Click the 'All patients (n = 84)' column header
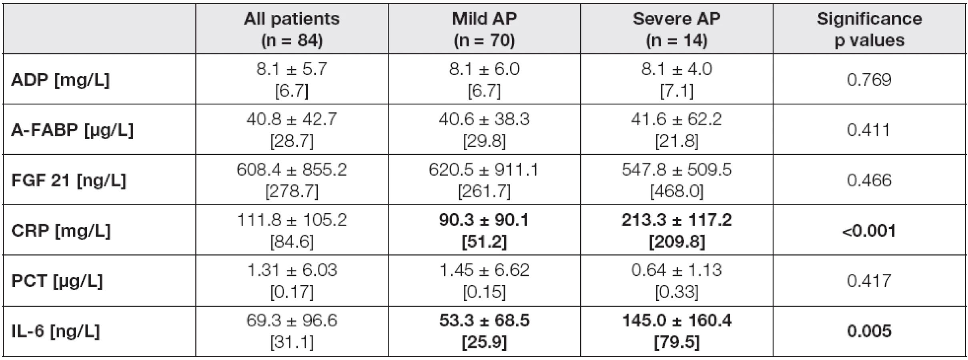[292, 30]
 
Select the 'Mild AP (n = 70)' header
[484, 30]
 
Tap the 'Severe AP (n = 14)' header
[677, 30]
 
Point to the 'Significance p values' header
[869, 30]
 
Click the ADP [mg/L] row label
[60, 80]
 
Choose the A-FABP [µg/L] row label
[72, 130]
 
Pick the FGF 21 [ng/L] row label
[68, 181]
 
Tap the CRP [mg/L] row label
[60, 231]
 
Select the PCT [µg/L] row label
[56, 281]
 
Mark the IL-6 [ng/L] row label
[55, 332]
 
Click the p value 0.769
[869, 80]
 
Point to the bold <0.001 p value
[869, 231]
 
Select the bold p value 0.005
[869, 332]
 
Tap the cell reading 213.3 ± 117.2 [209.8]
[677, 231]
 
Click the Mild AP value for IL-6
[484, 332]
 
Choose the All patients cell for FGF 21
[292, 180]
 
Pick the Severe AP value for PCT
[677, 281]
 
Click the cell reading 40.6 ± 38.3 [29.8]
[484, 130]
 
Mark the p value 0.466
[869, 181]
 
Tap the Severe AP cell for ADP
[677, 80]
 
